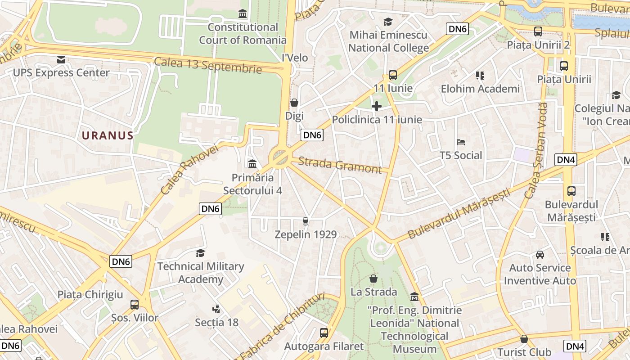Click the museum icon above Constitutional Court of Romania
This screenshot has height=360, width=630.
click(x=243, y=14)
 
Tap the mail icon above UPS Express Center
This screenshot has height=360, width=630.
click(x=61, y=59)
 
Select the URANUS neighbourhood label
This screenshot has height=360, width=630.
click(x=108, y=135)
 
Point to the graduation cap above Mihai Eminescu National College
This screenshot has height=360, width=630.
click(x=388, y=22)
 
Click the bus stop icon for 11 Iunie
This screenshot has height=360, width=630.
click(x=393, y=75)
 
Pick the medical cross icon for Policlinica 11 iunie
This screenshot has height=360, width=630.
click(x=377, y=106)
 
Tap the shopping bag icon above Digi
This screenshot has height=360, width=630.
click(x=294, y=103)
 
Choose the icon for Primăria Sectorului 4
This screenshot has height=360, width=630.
click(x=252, y=164)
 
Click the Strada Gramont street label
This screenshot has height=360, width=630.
click(x=340, y=165)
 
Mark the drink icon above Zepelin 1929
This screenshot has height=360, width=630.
click(x=306, y=221)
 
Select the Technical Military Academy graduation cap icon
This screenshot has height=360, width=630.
click(x=200, y=253)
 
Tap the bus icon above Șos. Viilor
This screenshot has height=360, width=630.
click(x=135, y=305)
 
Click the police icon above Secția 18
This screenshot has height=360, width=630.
click(x=216, y=309)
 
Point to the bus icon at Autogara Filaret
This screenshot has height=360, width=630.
click(x=324, y=333)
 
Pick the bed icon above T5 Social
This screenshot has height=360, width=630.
click(x=461, y=142)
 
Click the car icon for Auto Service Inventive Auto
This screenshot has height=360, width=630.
click(x=540, y=255)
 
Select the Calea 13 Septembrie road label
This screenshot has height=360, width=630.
click(x=208, y=65)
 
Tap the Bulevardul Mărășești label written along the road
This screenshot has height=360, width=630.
click(x=459, y=214)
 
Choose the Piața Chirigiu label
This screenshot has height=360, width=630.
click(x=90, y=295)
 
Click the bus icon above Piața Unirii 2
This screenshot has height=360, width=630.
click(x=538, y=31)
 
